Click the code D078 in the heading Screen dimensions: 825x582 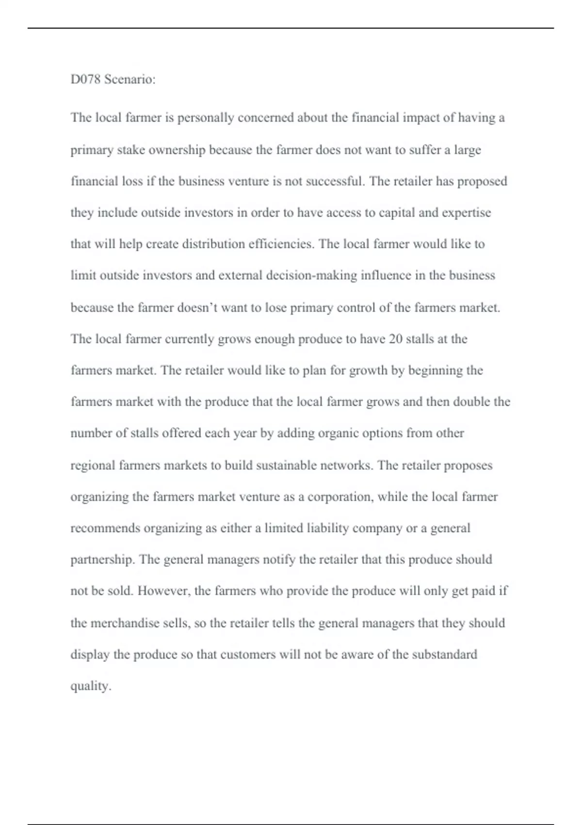(85, 79)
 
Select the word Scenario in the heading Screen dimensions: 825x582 (129, 79)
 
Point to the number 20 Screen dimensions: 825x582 (395, 339)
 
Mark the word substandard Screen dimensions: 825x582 (444, 655)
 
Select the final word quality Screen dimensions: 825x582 (91, 686)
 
